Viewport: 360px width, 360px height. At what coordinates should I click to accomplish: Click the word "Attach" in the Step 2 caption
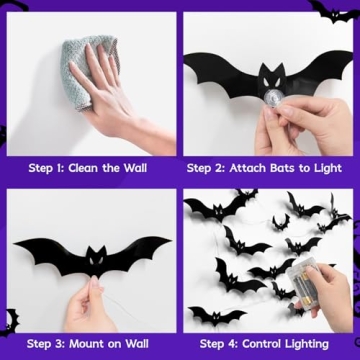[x=251, y=167]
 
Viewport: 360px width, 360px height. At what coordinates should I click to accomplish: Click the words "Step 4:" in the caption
[x=217, y=343]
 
